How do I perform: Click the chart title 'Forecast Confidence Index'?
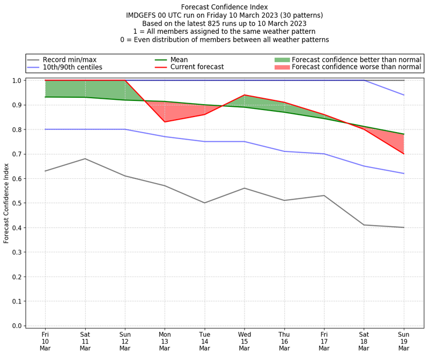coord(224,7)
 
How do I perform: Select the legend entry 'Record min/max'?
coord(70,60)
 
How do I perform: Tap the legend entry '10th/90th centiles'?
coord(72,67)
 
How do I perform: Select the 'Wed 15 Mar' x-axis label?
coord(245,340)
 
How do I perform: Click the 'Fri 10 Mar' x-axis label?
coord(45,340)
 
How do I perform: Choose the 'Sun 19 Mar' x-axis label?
coord(404,340)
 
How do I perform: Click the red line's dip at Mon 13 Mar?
coord(165,122)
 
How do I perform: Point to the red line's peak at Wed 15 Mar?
coord(245,95)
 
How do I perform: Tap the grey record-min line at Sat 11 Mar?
coord(85,158)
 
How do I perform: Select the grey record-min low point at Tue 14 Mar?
coord(204,203)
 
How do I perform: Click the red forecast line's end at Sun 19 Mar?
coord(404,154)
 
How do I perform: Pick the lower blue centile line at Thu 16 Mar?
coord(284,151)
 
